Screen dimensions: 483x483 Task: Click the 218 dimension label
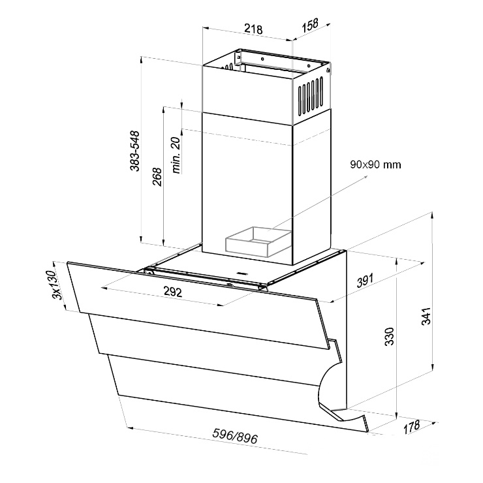coord(253,29)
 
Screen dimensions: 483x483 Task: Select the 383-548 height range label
coord(135,151)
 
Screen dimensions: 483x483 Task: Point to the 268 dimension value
coord(157,176)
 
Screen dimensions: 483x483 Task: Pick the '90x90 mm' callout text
coord(375,164)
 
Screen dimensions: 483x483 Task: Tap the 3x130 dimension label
coord(57,285)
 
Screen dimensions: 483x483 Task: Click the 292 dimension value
coord(173,292)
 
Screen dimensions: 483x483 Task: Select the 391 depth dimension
coord(365,280)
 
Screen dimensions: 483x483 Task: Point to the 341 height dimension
coord(426,316)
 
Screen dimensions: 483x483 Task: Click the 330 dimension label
coord(390,336)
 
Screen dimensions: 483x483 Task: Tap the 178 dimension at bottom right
coord(412,427)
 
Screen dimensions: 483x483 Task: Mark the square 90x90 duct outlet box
coord(258,242)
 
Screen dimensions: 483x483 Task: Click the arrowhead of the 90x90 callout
coord(366,177)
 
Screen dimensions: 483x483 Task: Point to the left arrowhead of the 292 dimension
coord(104,288)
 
